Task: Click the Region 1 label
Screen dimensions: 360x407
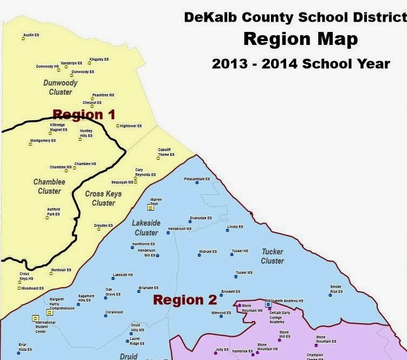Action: point(84,114)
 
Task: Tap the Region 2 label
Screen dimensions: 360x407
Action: point(185,300)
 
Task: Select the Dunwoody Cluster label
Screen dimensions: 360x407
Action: point(60,88)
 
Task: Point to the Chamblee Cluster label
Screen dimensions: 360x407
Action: point(49,186)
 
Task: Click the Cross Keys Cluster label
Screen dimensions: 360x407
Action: point(103,198)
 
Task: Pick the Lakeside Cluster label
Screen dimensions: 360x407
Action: point(146,227)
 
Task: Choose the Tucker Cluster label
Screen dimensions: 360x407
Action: point(272,256)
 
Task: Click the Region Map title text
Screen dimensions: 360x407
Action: point(300,40)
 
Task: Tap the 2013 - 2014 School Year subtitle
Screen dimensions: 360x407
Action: point(301,63)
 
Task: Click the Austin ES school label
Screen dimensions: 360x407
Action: point(31,35)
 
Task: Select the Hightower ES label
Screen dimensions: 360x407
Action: point(131,126)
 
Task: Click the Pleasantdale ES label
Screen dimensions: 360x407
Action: point(197,179)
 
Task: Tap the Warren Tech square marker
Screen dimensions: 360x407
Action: point(151,207)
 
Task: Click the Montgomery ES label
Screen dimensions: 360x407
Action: point(43,141)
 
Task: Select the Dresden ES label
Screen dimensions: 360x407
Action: point(103,225)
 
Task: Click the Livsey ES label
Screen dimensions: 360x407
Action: point(235,226)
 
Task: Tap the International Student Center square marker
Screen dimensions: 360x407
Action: point(35,318)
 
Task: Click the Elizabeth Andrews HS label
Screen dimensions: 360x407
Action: point(286,300)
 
